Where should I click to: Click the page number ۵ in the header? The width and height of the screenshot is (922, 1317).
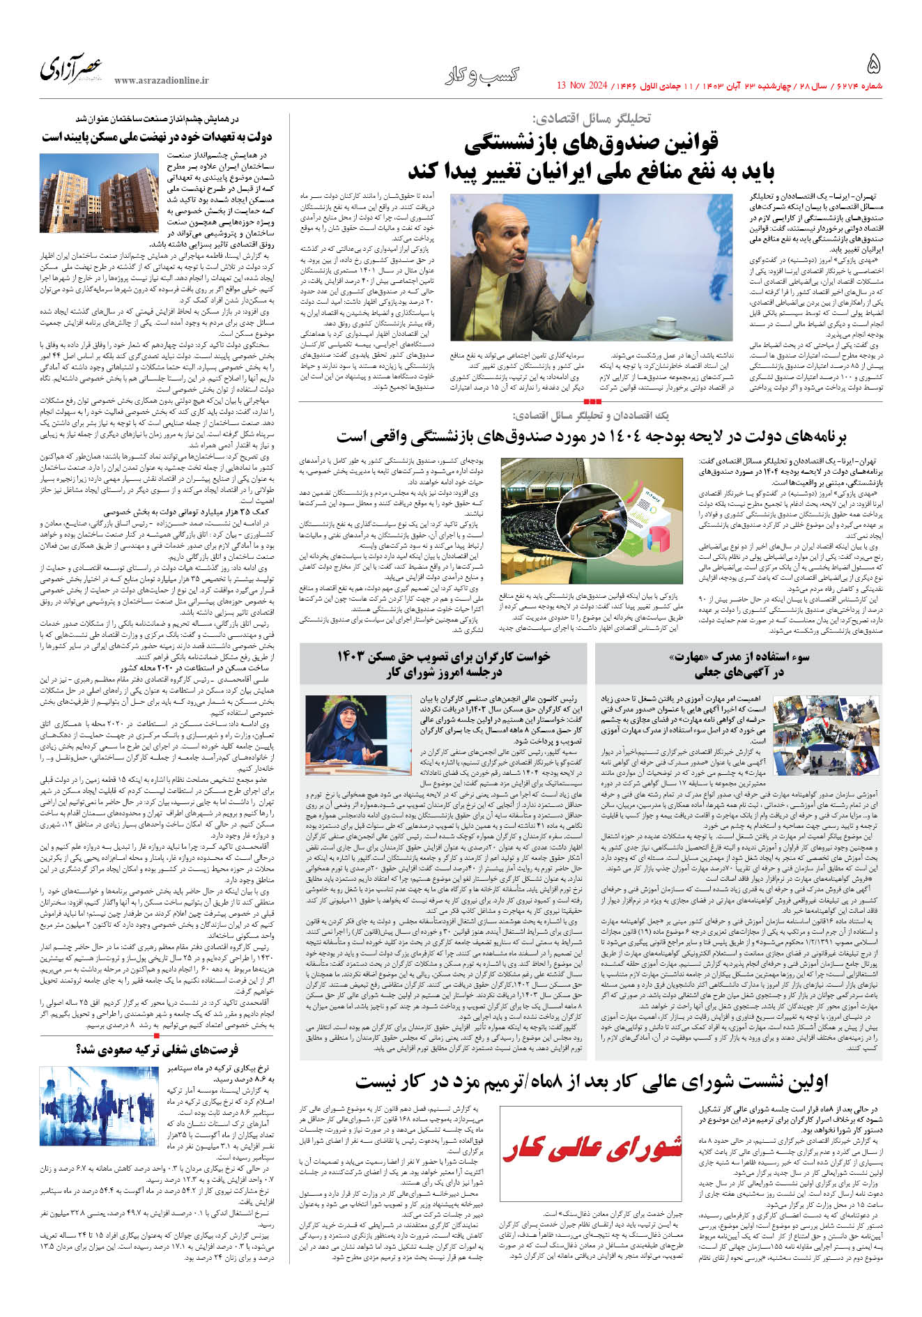(x=873, y=65)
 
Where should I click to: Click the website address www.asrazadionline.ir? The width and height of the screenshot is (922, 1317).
(x=162, y=81)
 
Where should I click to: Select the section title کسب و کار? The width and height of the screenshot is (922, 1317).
(x=482, y=75)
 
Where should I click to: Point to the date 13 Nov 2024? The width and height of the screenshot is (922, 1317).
(x=583, y=86)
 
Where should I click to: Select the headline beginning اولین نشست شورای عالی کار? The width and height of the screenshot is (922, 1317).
(x=591, y=1081)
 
